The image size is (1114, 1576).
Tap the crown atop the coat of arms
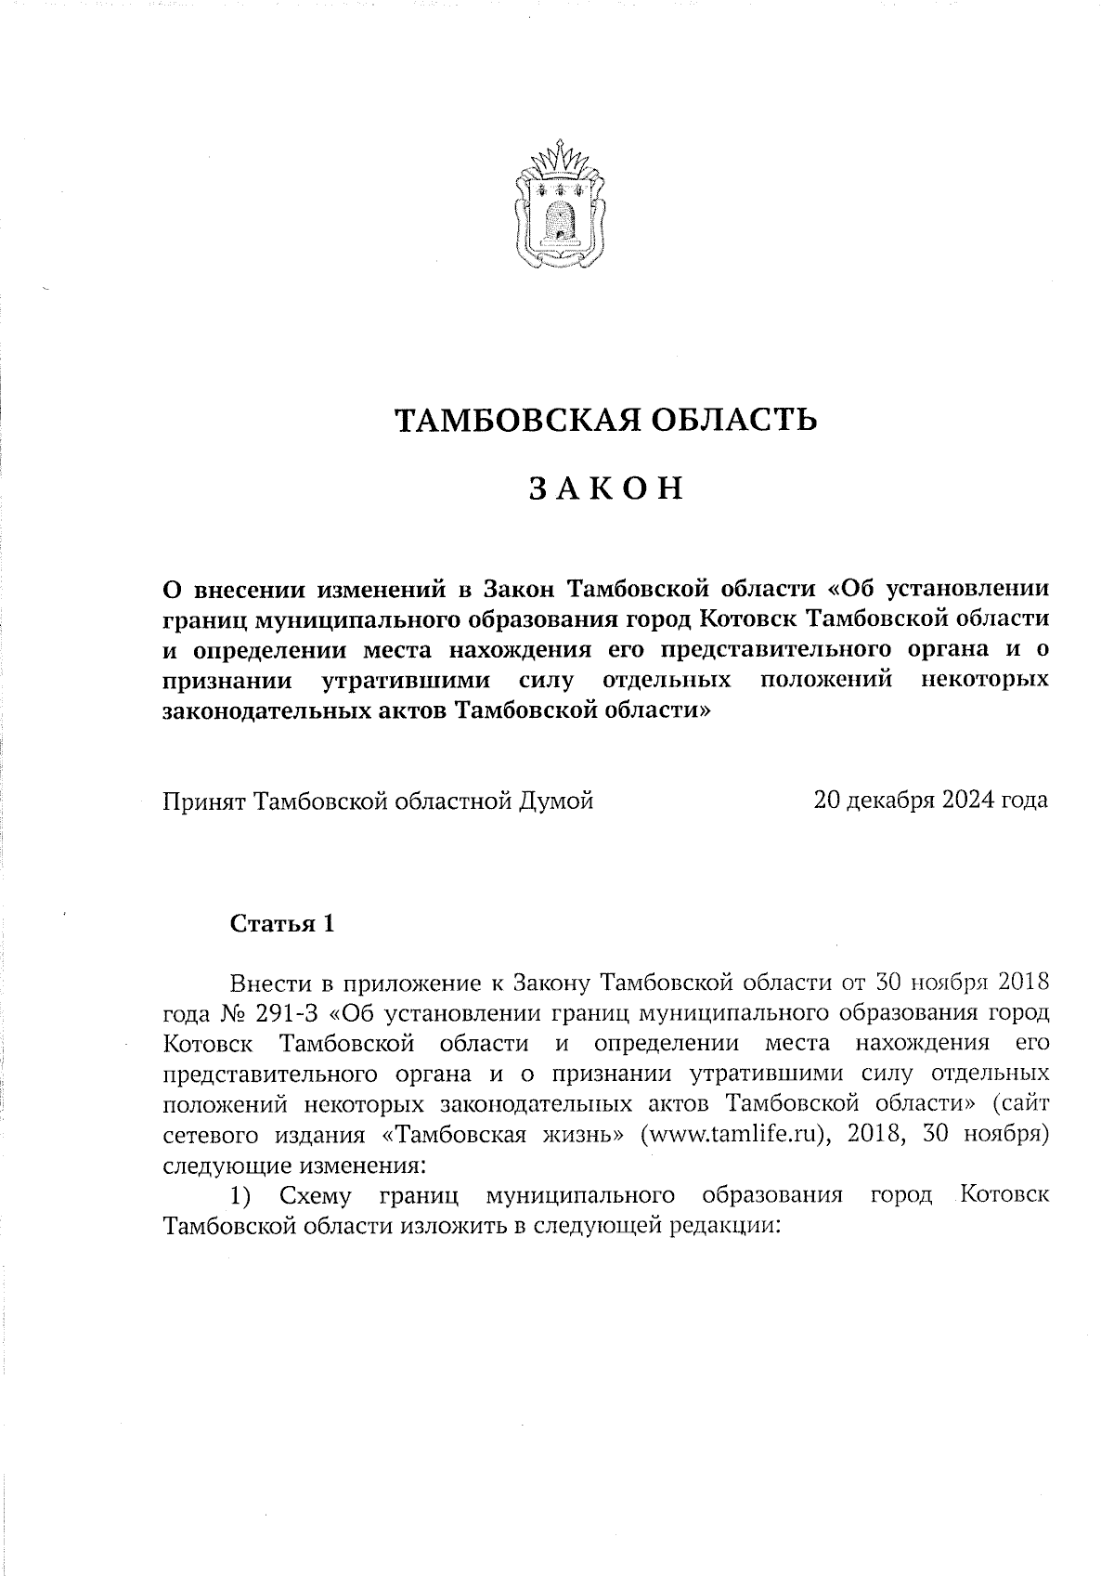pyautogui.click(x=560, y=157)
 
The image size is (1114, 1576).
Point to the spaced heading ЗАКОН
pyautogui.click(x=606, y=488)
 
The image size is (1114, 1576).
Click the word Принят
pyautogui.click(x=204, y=801)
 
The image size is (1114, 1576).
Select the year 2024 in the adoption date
pyautogui.click(x=971, y=801)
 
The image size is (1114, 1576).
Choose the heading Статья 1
pyautogui.click(x=281, y=924)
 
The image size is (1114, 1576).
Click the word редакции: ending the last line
pyautogui.click(x=725, y=1225)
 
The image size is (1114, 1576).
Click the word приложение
pyautogui.click(x=413, y=983)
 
